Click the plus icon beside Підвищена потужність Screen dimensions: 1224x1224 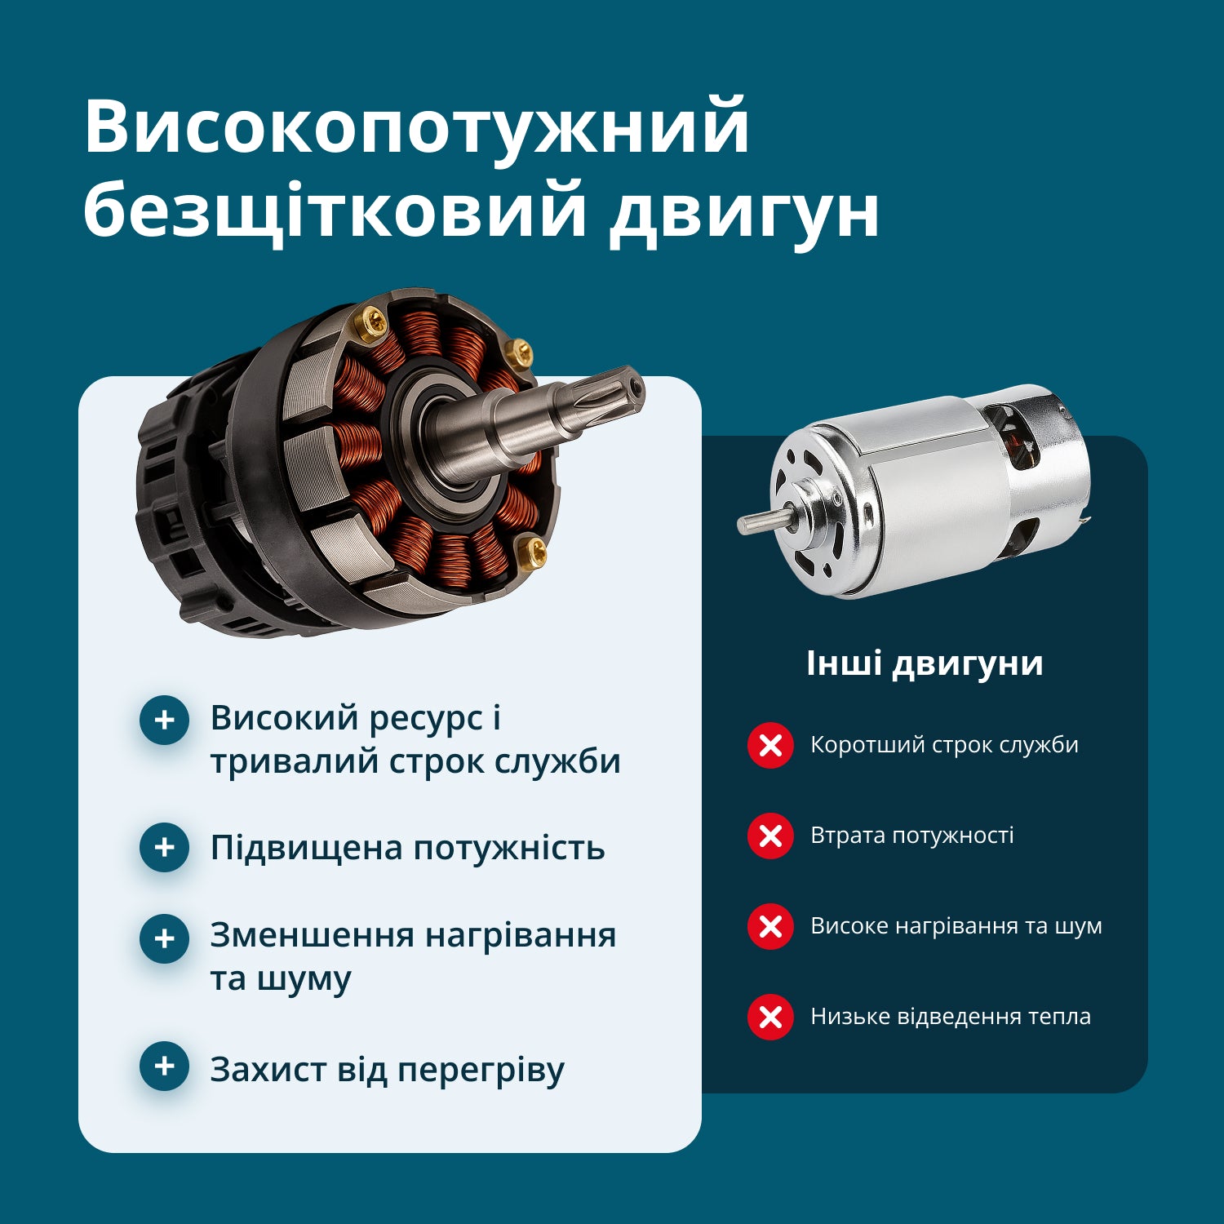[164, 847]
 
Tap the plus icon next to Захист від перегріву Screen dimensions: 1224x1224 [164, 1066]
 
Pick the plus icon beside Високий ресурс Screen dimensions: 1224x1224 [164, 720]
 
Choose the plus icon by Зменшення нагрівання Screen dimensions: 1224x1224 [164, 938]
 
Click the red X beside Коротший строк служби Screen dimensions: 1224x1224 [770, 745]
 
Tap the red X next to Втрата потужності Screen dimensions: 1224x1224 [770, 836]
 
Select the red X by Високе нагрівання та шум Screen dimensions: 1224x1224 [770, 926]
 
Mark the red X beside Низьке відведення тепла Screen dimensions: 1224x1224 [770, 1017]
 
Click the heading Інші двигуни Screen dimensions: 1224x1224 [925, 663]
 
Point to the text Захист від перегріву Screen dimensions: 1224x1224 [387, 1070]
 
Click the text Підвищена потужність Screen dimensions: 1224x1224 [407, 848]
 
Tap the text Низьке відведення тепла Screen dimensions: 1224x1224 [950, 1017]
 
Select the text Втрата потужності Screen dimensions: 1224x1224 [911, 836]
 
